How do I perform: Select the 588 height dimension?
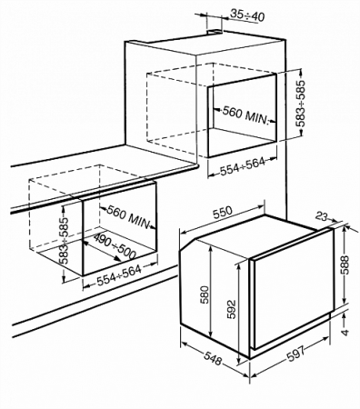point(345,266)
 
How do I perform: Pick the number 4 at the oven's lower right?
point(347,333)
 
